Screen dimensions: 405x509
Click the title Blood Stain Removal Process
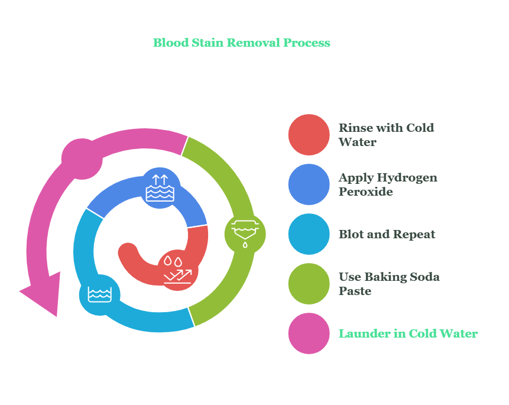(241, 43)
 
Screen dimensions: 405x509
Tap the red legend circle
(309, 135)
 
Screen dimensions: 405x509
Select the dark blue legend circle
(309, 184)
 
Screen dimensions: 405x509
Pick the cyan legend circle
(309, 234)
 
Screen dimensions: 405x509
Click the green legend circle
(309, 284)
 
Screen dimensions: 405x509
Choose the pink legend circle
(309, 333)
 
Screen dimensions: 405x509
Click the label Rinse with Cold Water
(386, 135)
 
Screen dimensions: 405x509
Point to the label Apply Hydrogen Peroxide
(388, 184)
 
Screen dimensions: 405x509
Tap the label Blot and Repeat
(387, 234)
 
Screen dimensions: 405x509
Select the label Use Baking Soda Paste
(389, 284)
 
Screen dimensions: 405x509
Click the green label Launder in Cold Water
(408, 333)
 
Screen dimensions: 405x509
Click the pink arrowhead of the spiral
(44, 294)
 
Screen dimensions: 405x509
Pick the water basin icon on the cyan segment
(99, 294)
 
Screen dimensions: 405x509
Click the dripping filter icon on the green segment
(245, 233)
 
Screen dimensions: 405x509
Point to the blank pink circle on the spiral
(82, 159)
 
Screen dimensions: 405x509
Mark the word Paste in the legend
(355, 291)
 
